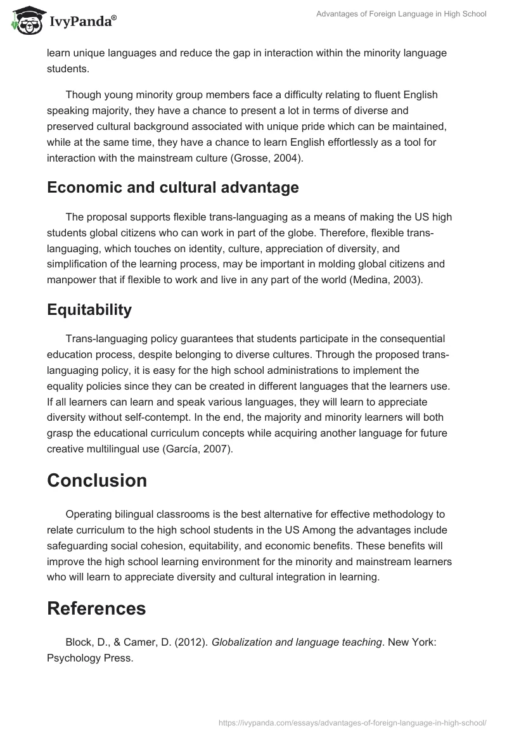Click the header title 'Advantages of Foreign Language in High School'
click(x=401, y=14)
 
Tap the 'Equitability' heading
click(x=89, y=309)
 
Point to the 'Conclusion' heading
click(x=97, y=480)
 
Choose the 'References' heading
click(x=96, y=608)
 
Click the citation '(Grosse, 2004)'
click(x=269, y=158)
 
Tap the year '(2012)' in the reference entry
click(x=191, y=642)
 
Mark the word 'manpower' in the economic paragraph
click(x=69, y=279)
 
